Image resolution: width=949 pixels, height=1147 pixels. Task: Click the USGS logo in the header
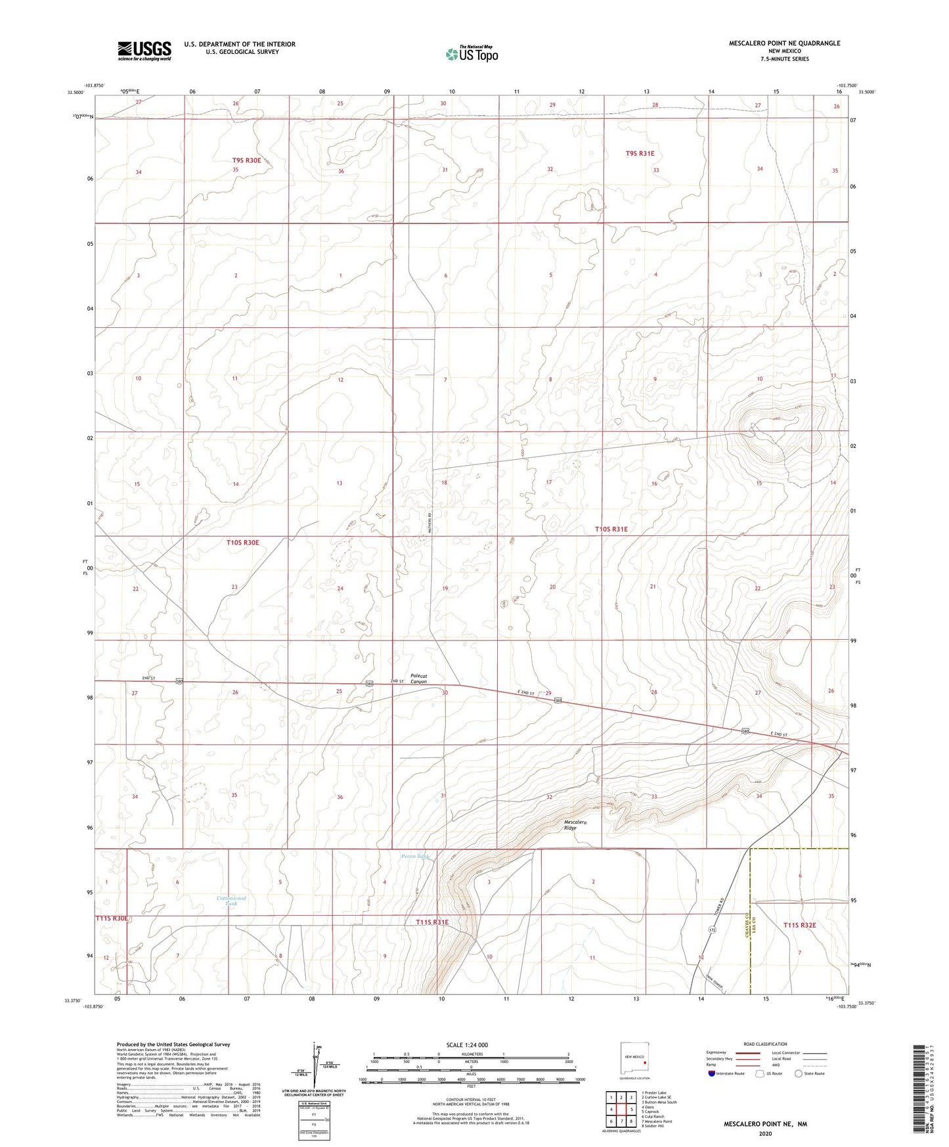tap(144, 51)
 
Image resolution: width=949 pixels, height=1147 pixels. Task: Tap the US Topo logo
tap(472, 54)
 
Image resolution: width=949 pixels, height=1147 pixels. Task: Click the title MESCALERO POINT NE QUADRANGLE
tap(784, 43)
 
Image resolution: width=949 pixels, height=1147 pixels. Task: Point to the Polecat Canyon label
tap(419, 679)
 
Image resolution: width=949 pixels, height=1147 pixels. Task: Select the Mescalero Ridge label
tap(570, 825)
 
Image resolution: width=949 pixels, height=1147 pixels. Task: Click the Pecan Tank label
tap(415, 856)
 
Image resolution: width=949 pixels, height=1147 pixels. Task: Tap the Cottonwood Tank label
tap(232, 901)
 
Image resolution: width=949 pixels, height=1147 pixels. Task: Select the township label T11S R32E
tap(800, 925)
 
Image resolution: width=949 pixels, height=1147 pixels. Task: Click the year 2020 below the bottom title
tap(765, 1133)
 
